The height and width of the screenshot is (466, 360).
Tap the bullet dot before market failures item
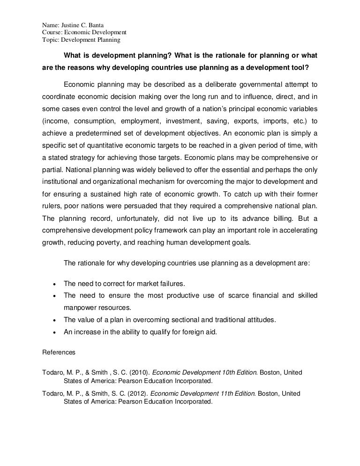55,284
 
